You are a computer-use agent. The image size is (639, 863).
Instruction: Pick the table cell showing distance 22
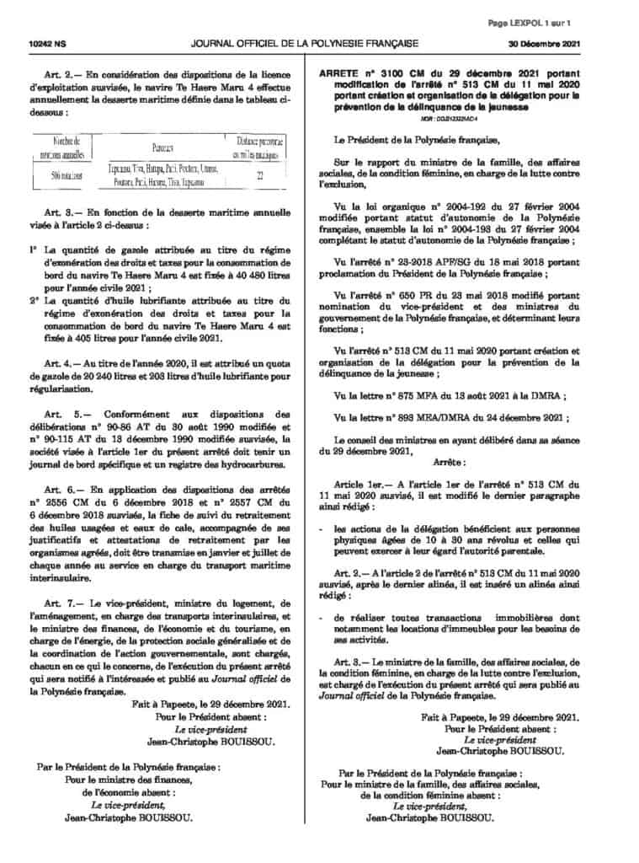tap(261, 175)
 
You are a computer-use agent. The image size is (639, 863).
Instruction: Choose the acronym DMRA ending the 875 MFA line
tap(549, 395)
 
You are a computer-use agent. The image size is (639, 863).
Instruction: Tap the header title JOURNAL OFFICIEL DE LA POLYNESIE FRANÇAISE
tap(313, 41)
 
